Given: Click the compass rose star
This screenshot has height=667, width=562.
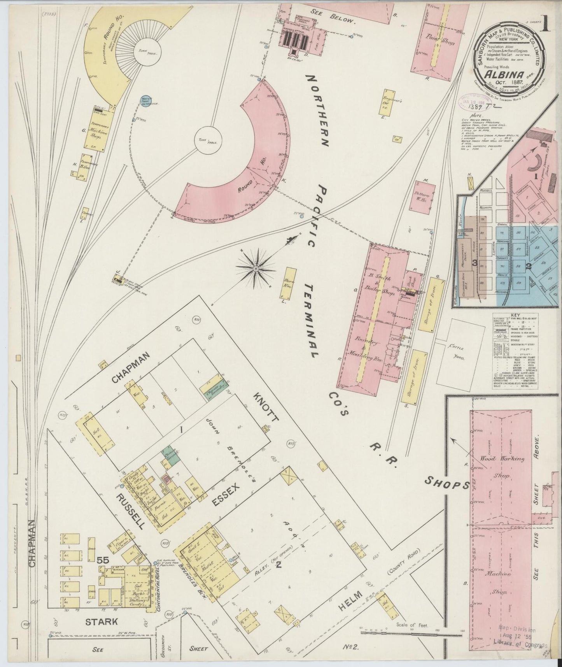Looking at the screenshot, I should tap(256, 269).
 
